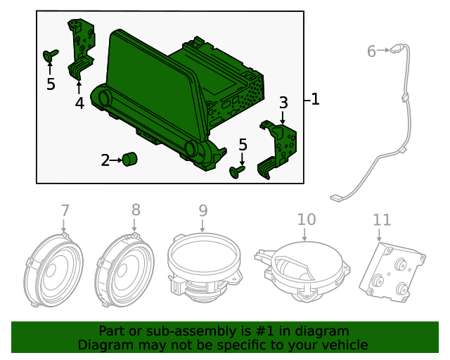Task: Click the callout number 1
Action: [x=315, y=100]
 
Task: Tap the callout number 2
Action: [x=105, y=160]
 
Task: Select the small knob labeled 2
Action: [x=129, y=160]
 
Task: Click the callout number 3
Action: [x=283, y=103]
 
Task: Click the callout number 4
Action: [x=79, y=103]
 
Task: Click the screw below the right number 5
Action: [x=238, y=170]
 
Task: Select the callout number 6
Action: [x=372, y=51]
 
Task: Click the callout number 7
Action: [x=65, y=210]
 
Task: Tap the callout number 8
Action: [x=136, y=210]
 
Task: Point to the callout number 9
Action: [x=203, y=210]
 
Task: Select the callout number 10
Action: [x=307, y=219]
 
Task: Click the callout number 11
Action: [x=382, y=220]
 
